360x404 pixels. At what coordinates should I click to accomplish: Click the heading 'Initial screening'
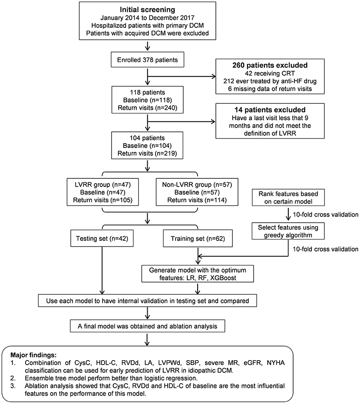[x=149, y=9]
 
